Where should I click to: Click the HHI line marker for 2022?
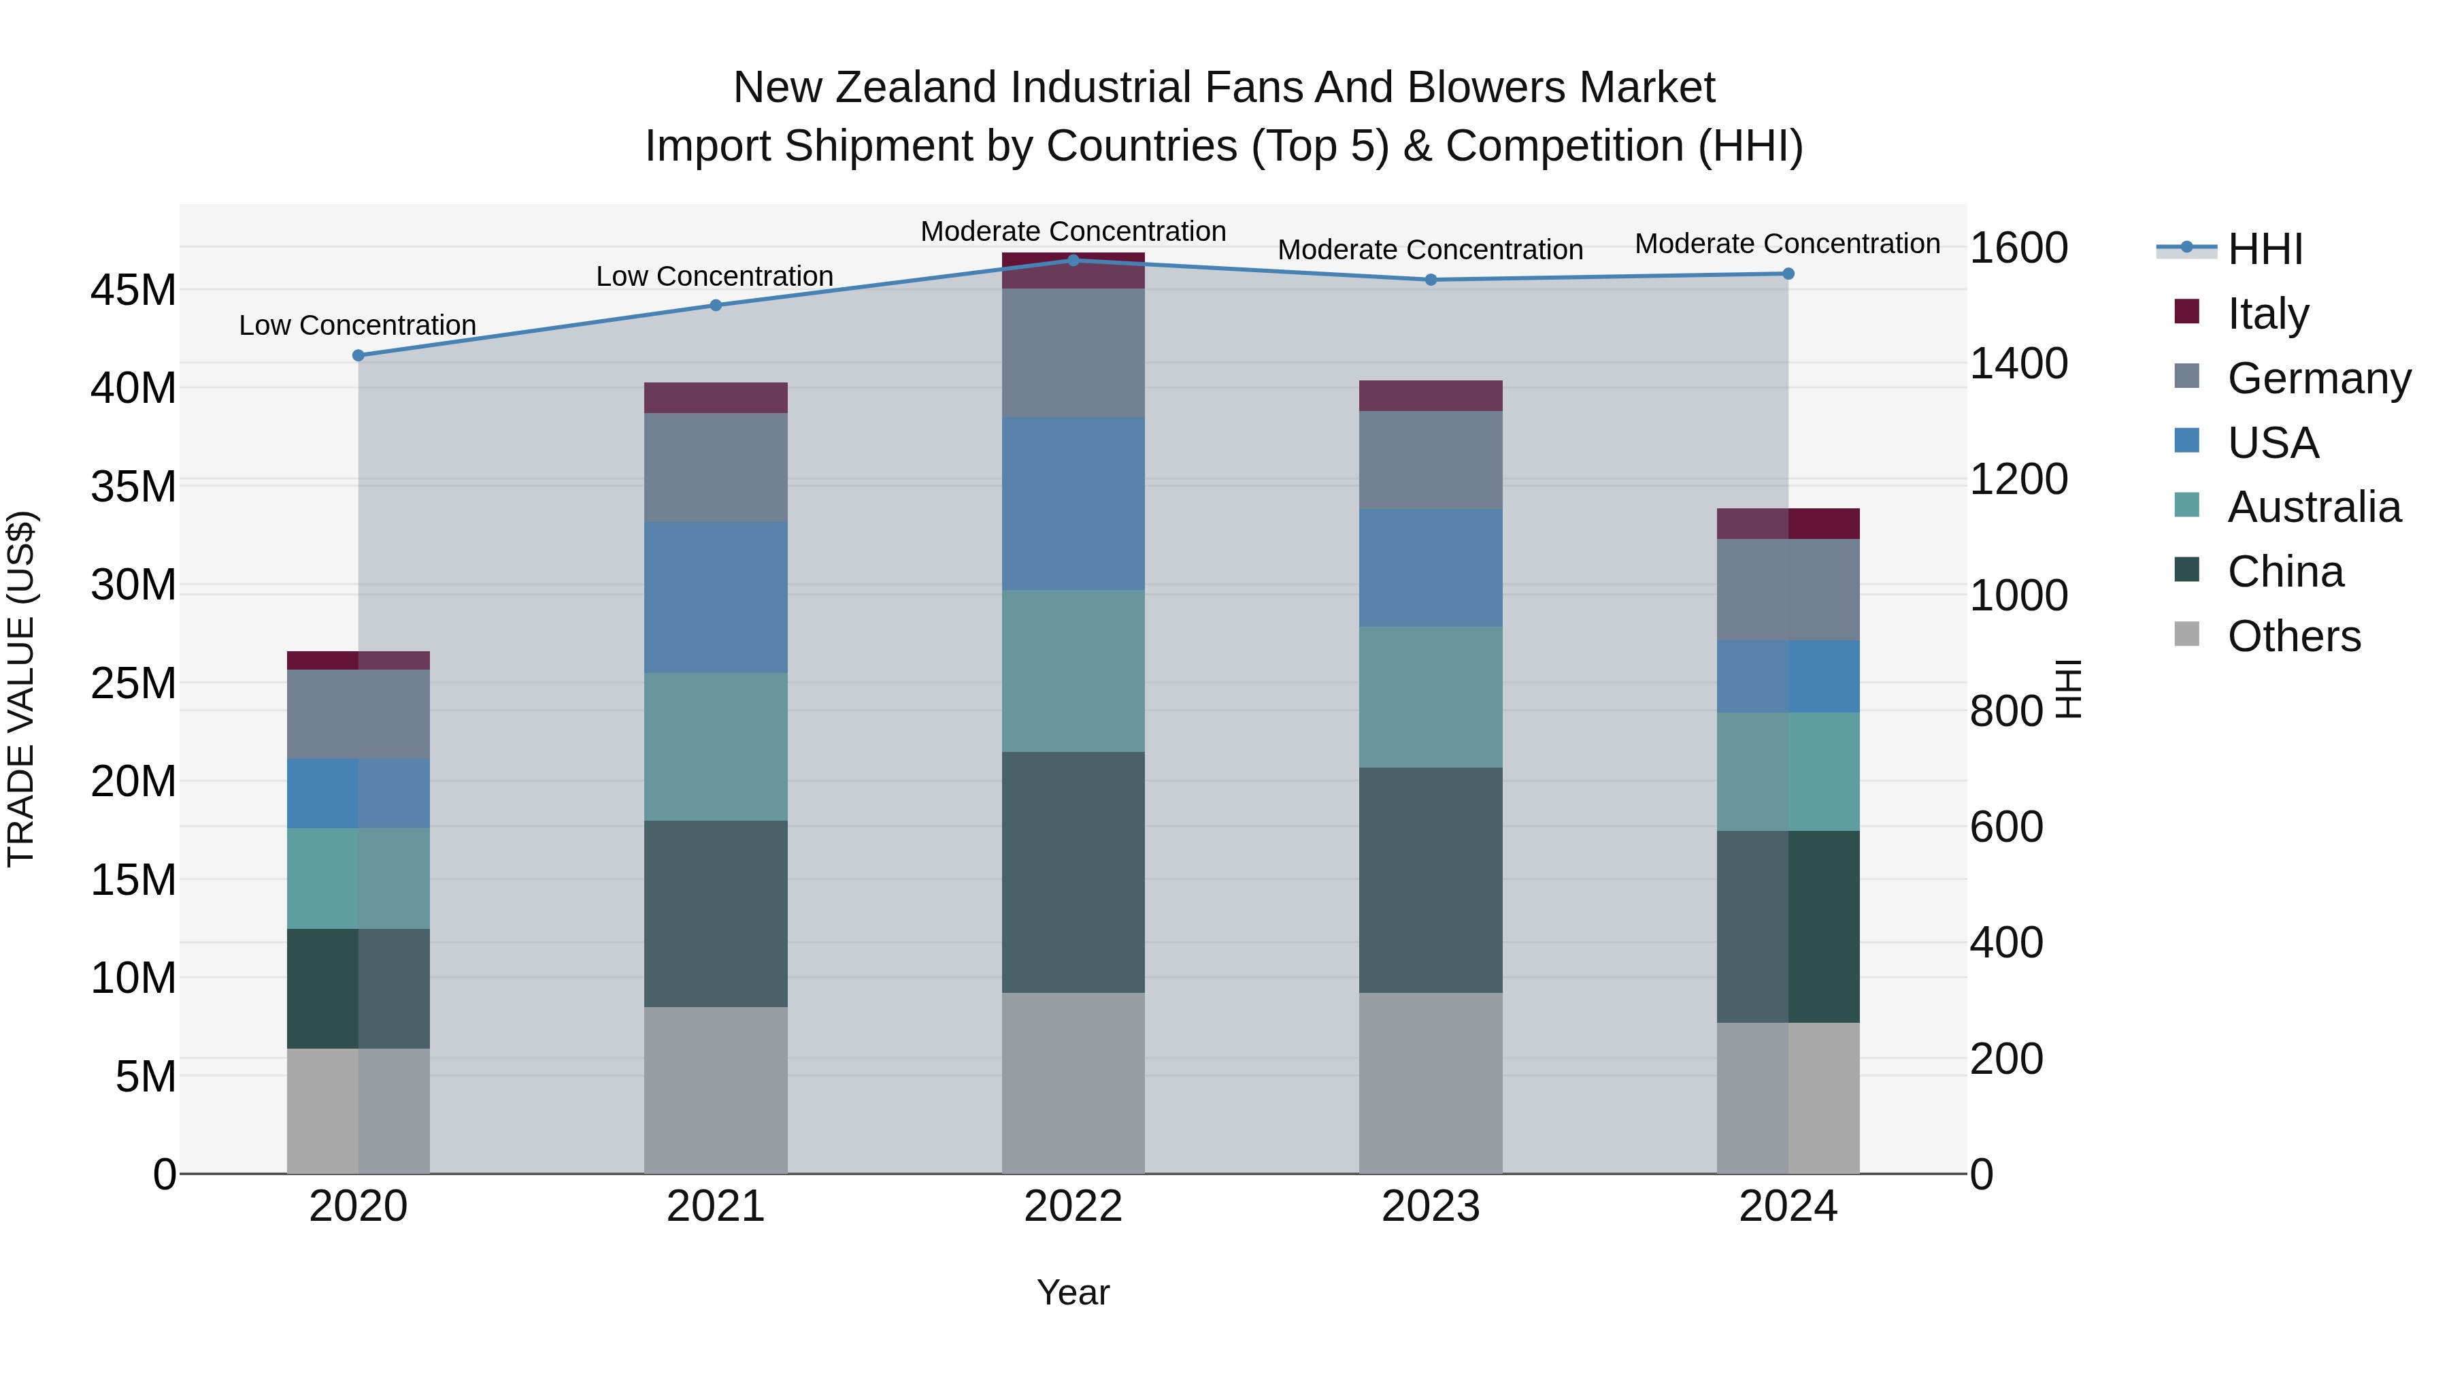(x=1073, y=260)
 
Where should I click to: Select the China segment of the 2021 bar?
(x=716, y=913)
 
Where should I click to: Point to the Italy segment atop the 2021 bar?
(x=716, y=397)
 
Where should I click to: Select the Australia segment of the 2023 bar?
(x=1431, y=696)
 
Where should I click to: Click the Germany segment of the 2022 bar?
(x=1073, y=352)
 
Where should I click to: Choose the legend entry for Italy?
(x=2267, y=314)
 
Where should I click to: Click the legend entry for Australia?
(x=2312, y=507)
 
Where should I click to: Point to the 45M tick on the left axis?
(x=133, y=290)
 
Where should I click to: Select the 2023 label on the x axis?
(x=1431, y=1207)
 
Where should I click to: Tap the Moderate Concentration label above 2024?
(x=1787, y=244)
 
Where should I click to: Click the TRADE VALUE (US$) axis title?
(x=21, y=689)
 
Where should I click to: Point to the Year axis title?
(x=1073, y=1292)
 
